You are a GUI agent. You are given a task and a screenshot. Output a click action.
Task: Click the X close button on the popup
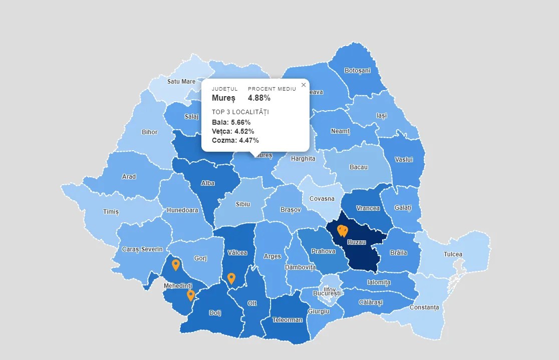(304, 85)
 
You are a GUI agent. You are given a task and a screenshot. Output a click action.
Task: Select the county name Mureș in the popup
(223, 98)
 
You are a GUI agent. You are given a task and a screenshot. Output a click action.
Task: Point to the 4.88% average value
(259, 98)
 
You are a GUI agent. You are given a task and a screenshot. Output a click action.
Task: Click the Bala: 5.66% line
(231, 123)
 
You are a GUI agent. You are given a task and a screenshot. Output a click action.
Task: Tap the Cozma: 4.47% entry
(235, 141)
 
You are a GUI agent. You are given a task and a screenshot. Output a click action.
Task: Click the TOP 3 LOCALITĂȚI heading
(240, 112)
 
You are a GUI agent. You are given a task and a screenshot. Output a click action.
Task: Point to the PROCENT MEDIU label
(272, 89)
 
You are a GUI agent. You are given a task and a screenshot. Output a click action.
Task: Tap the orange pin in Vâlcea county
(231, 278)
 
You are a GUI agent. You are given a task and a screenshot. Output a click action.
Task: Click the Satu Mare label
(181, 81)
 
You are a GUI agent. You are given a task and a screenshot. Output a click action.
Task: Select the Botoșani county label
(358, 71)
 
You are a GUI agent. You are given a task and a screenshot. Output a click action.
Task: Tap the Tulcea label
(453, 254)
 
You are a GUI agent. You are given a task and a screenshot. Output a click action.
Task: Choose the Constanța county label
(424, 307)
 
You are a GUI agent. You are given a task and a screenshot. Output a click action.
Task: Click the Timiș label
(111, 212)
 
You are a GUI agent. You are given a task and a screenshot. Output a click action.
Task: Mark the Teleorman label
(287, 320)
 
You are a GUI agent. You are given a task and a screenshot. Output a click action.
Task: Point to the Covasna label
(322, 199)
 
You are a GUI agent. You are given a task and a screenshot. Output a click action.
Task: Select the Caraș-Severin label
(142, 249)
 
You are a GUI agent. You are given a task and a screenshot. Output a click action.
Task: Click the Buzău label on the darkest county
(357, 242)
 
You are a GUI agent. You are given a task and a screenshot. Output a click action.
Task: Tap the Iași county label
(382, 116)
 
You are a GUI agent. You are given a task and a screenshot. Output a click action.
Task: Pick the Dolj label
(215, 313)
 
